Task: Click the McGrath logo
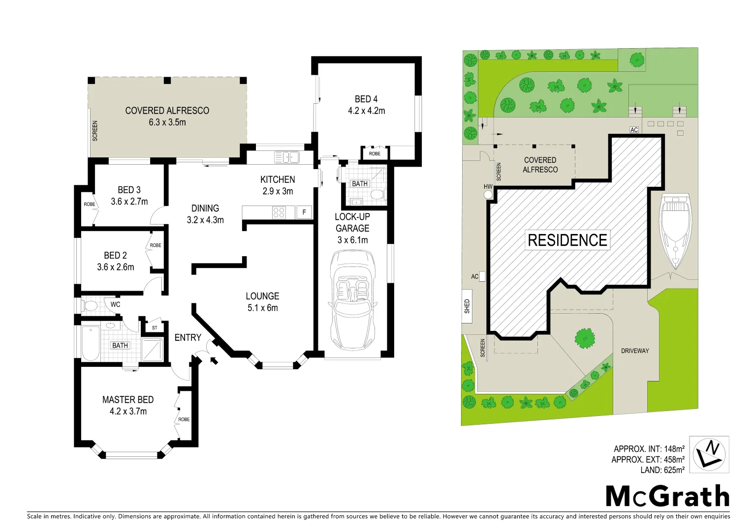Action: (x=667, y=496)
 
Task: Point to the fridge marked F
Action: (x=304, y=212)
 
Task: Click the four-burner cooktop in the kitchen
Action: (x=279, y=212)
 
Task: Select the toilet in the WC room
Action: (x=91, y=305)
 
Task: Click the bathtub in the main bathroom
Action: (x=91, y=343)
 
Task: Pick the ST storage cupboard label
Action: (x=155, y=328)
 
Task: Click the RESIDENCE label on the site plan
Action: (x=567, y=240)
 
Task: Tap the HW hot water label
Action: (x=488, y=187)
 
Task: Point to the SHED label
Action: (x=467, y=306)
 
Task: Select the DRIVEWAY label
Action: (x=634, y=351)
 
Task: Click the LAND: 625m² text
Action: (x=662, y=471)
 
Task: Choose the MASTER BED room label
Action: (x=128, y=400)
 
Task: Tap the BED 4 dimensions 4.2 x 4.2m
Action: (x=366, y=111)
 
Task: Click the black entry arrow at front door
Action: (x=214, y=361)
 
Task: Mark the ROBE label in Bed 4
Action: (x=375, y=154)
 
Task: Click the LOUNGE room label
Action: (x=262, y=296)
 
